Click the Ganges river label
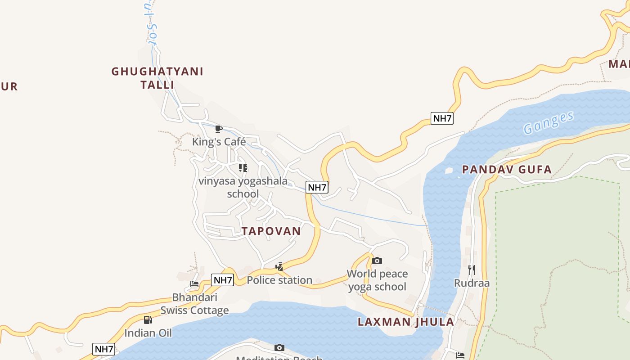coord(549,122)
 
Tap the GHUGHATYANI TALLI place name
coord(157,78)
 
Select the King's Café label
coord(219,142)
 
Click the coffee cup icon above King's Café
coord(219,129)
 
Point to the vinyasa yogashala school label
coord(243,187)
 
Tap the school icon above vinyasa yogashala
coord(243,168)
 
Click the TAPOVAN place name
coord(271,231)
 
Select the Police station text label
coord(279,280)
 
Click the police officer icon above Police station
coord(279,267)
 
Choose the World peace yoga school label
coord(377,280)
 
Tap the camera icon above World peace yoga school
coord(377,261)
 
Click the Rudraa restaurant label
coord(472,283)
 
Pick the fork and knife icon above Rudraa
coord(472,270)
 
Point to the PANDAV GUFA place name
coord(507,170)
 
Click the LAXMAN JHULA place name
coord(406,322)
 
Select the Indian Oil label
coord(148,333)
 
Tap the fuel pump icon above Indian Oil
coord(148,320)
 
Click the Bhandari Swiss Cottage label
coord(194,304)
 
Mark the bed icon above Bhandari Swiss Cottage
coord(194,284)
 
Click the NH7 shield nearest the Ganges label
coord(442,118)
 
